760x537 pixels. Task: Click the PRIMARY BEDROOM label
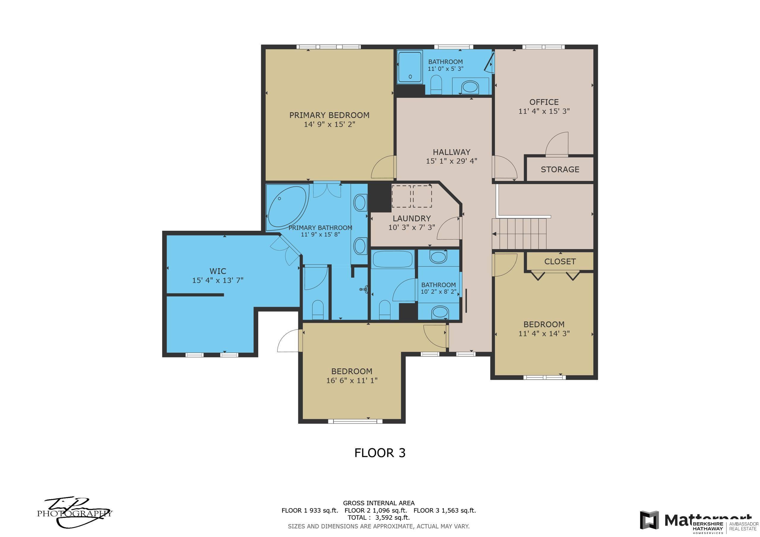tap(329, 115)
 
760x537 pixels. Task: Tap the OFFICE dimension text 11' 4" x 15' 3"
tap(544, 111)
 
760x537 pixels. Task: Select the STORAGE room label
tap(560, 169)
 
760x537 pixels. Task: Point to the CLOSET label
tap(560, 261)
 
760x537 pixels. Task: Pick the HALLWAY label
tap(452, 152)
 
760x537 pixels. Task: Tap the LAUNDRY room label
tap(411, 218)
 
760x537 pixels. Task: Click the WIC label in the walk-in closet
tap(218, 271)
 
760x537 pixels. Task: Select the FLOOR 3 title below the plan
tap(380, 453)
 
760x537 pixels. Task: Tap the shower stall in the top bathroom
tap(410, 66)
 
